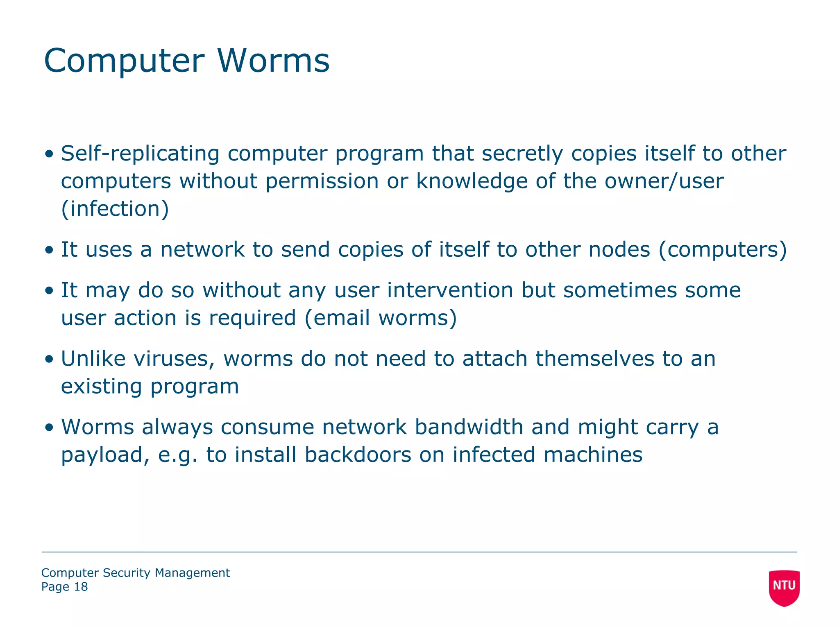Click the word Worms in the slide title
(273, 61)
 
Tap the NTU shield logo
(784, 587)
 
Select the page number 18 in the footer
(81, 587)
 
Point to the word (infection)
(115, 209)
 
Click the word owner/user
(664, 181)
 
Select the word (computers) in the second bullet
(723, 250)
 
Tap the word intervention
(450, 290)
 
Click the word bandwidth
(469, 427)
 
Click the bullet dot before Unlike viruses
(50, 360)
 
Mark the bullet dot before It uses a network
(50, 250)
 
